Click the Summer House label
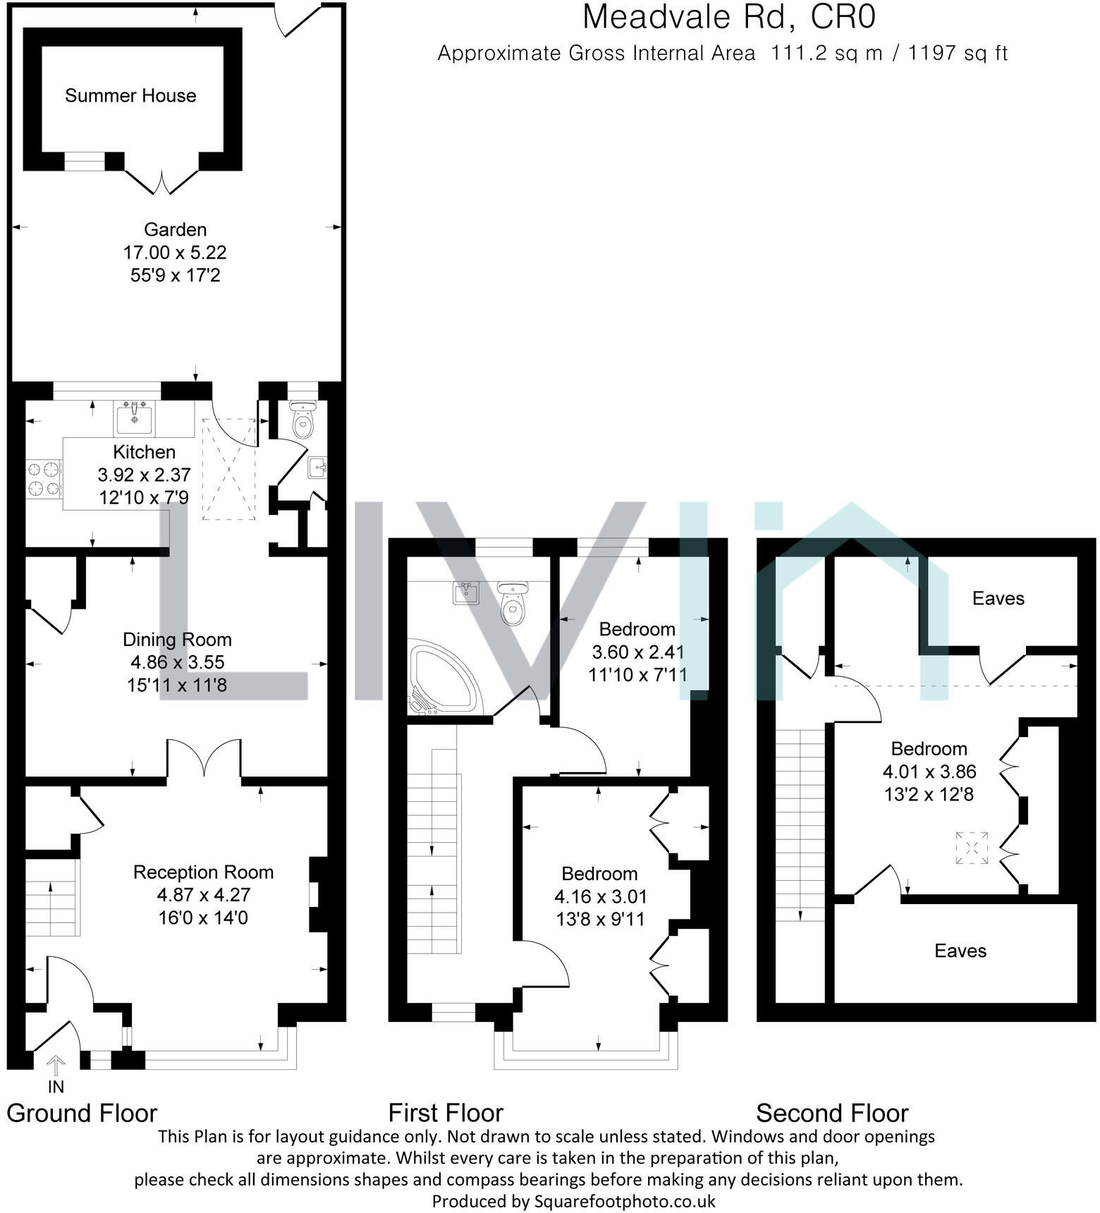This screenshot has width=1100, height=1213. coord(130,96)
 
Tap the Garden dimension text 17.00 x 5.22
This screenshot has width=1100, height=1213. coord(175,252)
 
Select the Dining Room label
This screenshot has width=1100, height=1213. coord(177,640)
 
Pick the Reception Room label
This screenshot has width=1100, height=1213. coord(203,872)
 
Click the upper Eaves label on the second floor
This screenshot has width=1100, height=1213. coord(998,599)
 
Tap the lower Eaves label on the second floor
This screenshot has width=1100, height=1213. coord(960,951)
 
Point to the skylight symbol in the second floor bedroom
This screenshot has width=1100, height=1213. coord(972,848)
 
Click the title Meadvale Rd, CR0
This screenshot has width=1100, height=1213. coord(728,17)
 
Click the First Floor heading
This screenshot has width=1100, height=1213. coord(446,1114)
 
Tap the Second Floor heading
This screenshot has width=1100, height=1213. coord(832,1114)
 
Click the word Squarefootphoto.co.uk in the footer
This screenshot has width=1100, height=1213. coord(625,1201)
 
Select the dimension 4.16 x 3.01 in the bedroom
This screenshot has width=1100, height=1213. coord(600,897)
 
